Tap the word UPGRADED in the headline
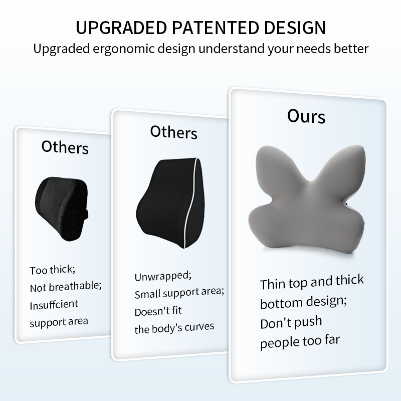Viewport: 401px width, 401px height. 121,28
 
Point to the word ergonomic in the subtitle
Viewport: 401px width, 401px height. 124,49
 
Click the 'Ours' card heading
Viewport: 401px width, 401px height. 306,116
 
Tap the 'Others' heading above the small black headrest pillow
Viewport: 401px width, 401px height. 65,147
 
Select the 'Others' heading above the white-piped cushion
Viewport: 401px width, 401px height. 173,132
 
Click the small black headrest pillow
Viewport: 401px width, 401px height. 62,209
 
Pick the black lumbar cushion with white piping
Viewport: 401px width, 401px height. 170,203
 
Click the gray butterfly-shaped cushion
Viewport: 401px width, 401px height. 307,199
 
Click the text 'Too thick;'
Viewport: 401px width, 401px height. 53,270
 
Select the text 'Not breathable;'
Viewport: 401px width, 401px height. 66,287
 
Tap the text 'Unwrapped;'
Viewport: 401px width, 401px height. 163,277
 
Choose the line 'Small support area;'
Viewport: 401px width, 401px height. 179,293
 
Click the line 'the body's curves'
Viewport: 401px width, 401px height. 174,328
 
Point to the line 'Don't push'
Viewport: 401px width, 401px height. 291,322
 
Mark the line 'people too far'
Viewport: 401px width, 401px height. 300,342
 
